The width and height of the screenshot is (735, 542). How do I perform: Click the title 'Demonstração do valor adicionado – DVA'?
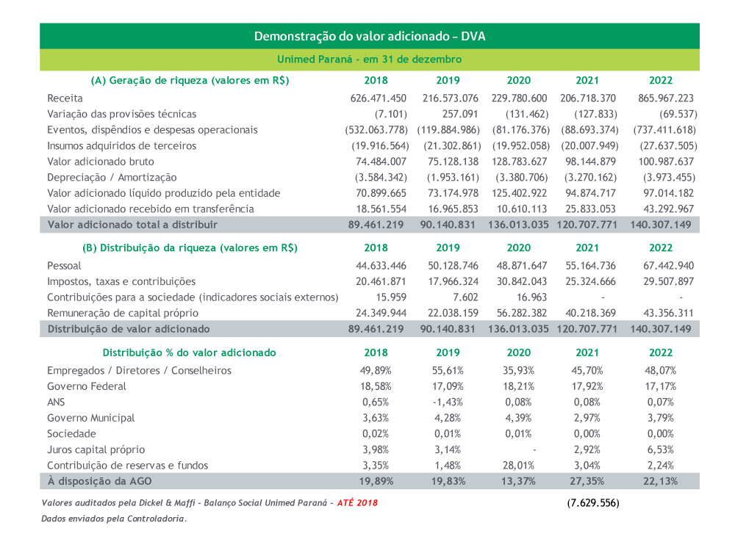(x=370, y=37)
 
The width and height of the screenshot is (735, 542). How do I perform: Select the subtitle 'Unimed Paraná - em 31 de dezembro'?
(x=370, y=59)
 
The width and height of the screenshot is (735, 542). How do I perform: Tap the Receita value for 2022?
(x=666, y=98)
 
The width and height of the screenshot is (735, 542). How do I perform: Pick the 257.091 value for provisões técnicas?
(x=460, y=115)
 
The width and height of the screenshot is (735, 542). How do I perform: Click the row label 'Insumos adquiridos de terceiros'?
(x=121, y=145)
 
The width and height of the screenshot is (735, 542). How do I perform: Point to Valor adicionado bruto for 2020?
(x=519, y=162)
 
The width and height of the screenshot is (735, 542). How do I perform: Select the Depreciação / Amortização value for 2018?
(x=381, y=178)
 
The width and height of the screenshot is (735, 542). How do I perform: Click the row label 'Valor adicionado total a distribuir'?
(x=132, y=225)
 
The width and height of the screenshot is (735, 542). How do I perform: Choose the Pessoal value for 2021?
(x=590, y=266)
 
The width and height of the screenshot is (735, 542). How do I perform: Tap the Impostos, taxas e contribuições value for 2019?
(x=453, y=281)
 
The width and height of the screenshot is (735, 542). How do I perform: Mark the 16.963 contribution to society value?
(x=531, y=297)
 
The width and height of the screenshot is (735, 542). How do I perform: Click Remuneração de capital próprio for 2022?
(x=668, y=313)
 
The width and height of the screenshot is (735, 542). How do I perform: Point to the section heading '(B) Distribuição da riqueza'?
(x=190, y=248)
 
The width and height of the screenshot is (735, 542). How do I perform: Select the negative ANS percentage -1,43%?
(x=448, y=402)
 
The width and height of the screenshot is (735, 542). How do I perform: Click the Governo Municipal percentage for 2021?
(x=587, y=418)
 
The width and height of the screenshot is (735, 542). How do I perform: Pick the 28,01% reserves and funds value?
(x=518, y=466)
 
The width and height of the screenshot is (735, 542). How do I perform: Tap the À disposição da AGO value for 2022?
(x=660, y=482)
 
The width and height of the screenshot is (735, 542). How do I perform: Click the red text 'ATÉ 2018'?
(x=357, y=503)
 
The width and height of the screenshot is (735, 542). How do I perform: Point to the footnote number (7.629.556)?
(x=593, y=503)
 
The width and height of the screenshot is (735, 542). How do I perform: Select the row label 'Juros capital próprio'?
(x=96, y=450)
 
